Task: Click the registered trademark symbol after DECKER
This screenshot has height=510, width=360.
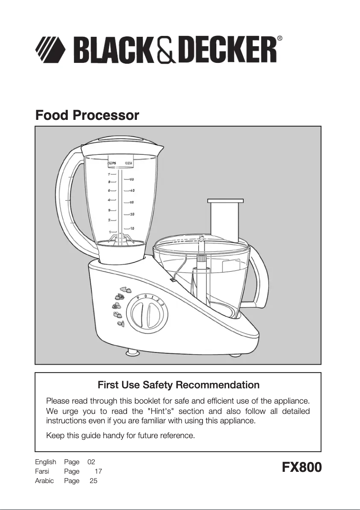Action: pos(280,39)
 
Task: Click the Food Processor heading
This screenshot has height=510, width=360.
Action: pos(87,115)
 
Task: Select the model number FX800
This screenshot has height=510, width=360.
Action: pos(302,467)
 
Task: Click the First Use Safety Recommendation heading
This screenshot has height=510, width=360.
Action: pos(178,385)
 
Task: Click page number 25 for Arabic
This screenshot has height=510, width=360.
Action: pos(93,481)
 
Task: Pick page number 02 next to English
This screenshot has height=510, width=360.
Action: pos(91,462)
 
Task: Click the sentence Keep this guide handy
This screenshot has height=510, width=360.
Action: pos(121,435)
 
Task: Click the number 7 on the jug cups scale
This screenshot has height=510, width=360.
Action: pos(109,174)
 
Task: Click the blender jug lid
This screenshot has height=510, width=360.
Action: pos(121,146)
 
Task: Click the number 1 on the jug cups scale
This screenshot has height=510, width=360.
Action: pos(110,231)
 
